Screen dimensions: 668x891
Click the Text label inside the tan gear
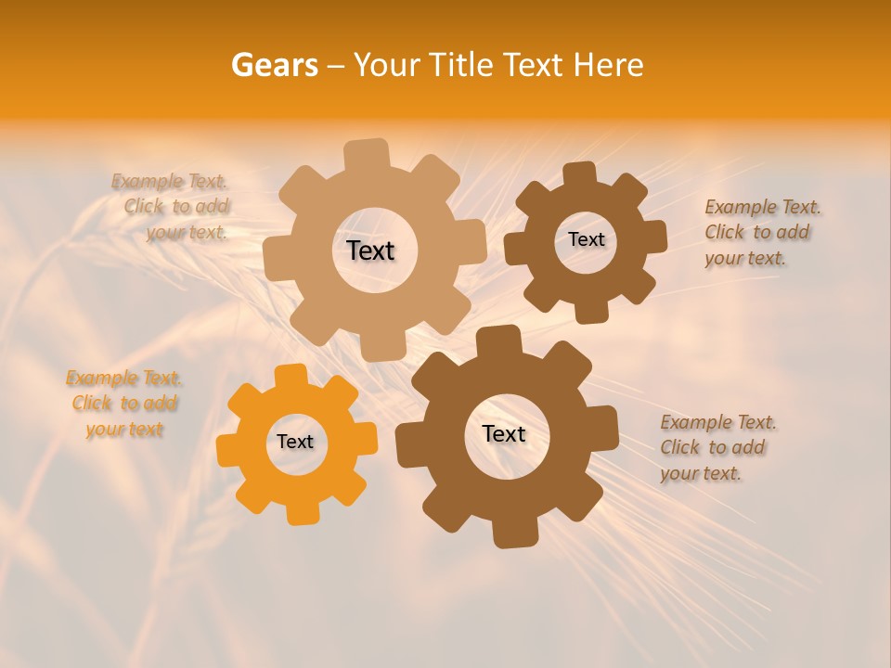click(x=370, y=250)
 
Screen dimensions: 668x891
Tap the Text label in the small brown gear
click(x=586, y=239)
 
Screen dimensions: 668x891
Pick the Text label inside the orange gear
click(x=295, y=443)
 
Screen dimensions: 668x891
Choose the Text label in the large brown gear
click(x=504, y=434)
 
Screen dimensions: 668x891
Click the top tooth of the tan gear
click(x=367, y=154)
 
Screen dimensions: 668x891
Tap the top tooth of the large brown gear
click(x=497, y=341)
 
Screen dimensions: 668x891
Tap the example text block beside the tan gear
click(x=173, y=207)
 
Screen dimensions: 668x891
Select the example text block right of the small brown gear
click(x=761, y=232)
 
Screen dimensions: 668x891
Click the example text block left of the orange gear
click(x=123, y=404)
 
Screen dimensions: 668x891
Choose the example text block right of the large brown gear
click(x=717, y=447)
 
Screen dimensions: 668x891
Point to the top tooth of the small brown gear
click(x=579, y=174)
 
